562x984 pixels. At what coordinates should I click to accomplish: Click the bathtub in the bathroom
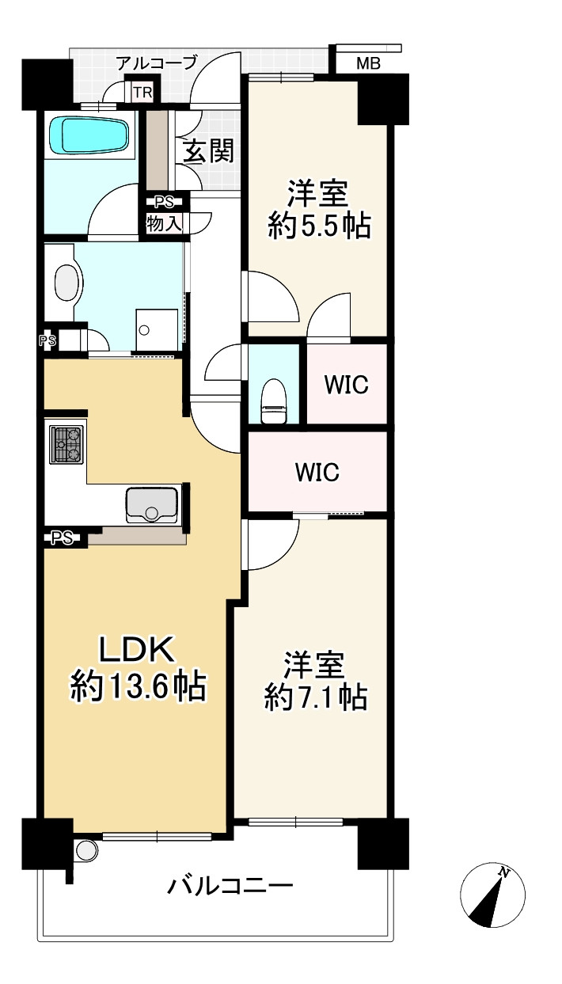(x=88, y=135)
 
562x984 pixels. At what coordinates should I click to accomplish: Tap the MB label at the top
(x=367, y=64)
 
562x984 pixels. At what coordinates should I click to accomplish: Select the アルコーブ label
(x=156, y=63)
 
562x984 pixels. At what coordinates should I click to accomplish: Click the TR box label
(x=142, y=93)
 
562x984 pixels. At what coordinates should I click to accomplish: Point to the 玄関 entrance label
(x=209, y=150)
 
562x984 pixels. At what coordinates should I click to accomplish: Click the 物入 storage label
(x=164, y=223)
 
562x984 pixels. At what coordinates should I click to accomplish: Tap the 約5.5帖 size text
(x=320, y=227)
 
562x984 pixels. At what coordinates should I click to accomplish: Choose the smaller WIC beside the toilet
(x=346, y=385)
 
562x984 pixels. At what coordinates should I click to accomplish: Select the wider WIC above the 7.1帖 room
(x=317, y=473)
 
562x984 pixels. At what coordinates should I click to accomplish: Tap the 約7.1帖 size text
(x=315, y=697)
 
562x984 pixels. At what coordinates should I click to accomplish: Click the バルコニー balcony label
(x=230, y=884)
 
